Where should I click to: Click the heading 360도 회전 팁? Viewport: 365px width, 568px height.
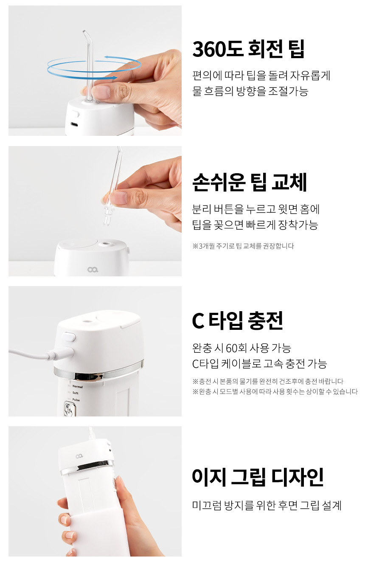pyautogui.click(x=248, y=49)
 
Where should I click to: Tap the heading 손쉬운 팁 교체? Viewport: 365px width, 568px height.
pyautogui.click(x=250, y=182)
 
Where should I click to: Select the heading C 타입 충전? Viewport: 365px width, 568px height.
pyautogui.click(x=237, y=320)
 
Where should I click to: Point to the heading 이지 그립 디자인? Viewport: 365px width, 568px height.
pyautogui.click(x=258, y=477)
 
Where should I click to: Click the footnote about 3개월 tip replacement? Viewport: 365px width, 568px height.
pyautogui.click(x=243, y=246)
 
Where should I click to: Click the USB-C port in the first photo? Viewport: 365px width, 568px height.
pyautogui.click(x=75, y=124)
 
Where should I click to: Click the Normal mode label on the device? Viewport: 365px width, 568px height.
pyautogui.click(x=78, y=386)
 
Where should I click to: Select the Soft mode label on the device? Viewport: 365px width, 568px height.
pyautogui.click(x=76, y=393)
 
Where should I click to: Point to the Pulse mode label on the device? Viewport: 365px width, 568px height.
pyautogui.click(x=76, y=399)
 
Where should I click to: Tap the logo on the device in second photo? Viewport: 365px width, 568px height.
pyautogui.click(x=93, y=270)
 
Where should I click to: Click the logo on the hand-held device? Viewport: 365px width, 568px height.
pyautogui.click(x=79, y=456)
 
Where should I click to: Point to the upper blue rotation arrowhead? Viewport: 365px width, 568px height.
pyautogui.click(x=107, y=57)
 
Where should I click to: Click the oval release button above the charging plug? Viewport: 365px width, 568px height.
pyautogui.click(x=69, y=337)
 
